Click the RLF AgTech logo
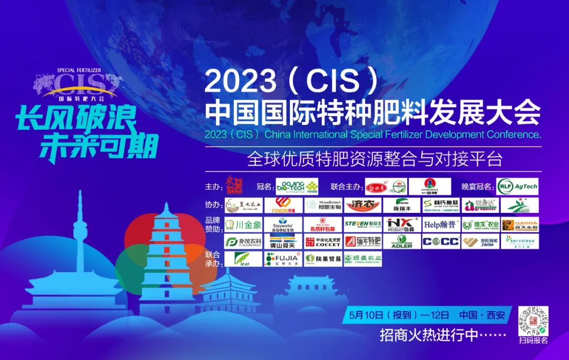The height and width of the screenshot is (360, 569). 517,187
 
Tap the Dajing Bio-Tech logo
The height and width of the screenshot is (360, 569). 298,187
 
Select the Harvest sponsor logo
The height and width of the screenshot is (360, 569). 430,187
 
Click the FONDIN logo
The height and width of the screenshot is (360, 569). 283,205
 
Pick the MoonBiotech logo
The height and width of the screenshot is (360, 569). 323,205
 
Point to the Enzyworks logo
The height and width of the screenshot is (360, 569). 283,225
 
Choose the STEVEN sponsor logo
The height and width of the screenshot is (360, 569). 363,225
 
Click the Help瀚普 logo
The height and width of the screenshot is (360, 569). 441,225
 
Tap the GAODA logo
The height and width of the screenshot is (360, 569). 519,225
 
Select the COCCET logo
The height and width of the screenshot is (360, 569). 323,242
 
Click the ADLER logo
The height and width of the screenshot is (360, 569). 402,242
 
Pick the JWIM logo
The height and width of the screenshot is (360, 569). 480,242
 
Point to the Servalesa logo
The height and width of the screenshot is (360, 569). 519,242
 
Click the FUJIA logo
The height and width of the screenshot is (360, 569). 283,259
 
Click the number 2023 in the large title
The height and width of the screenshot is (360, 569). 240,81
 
